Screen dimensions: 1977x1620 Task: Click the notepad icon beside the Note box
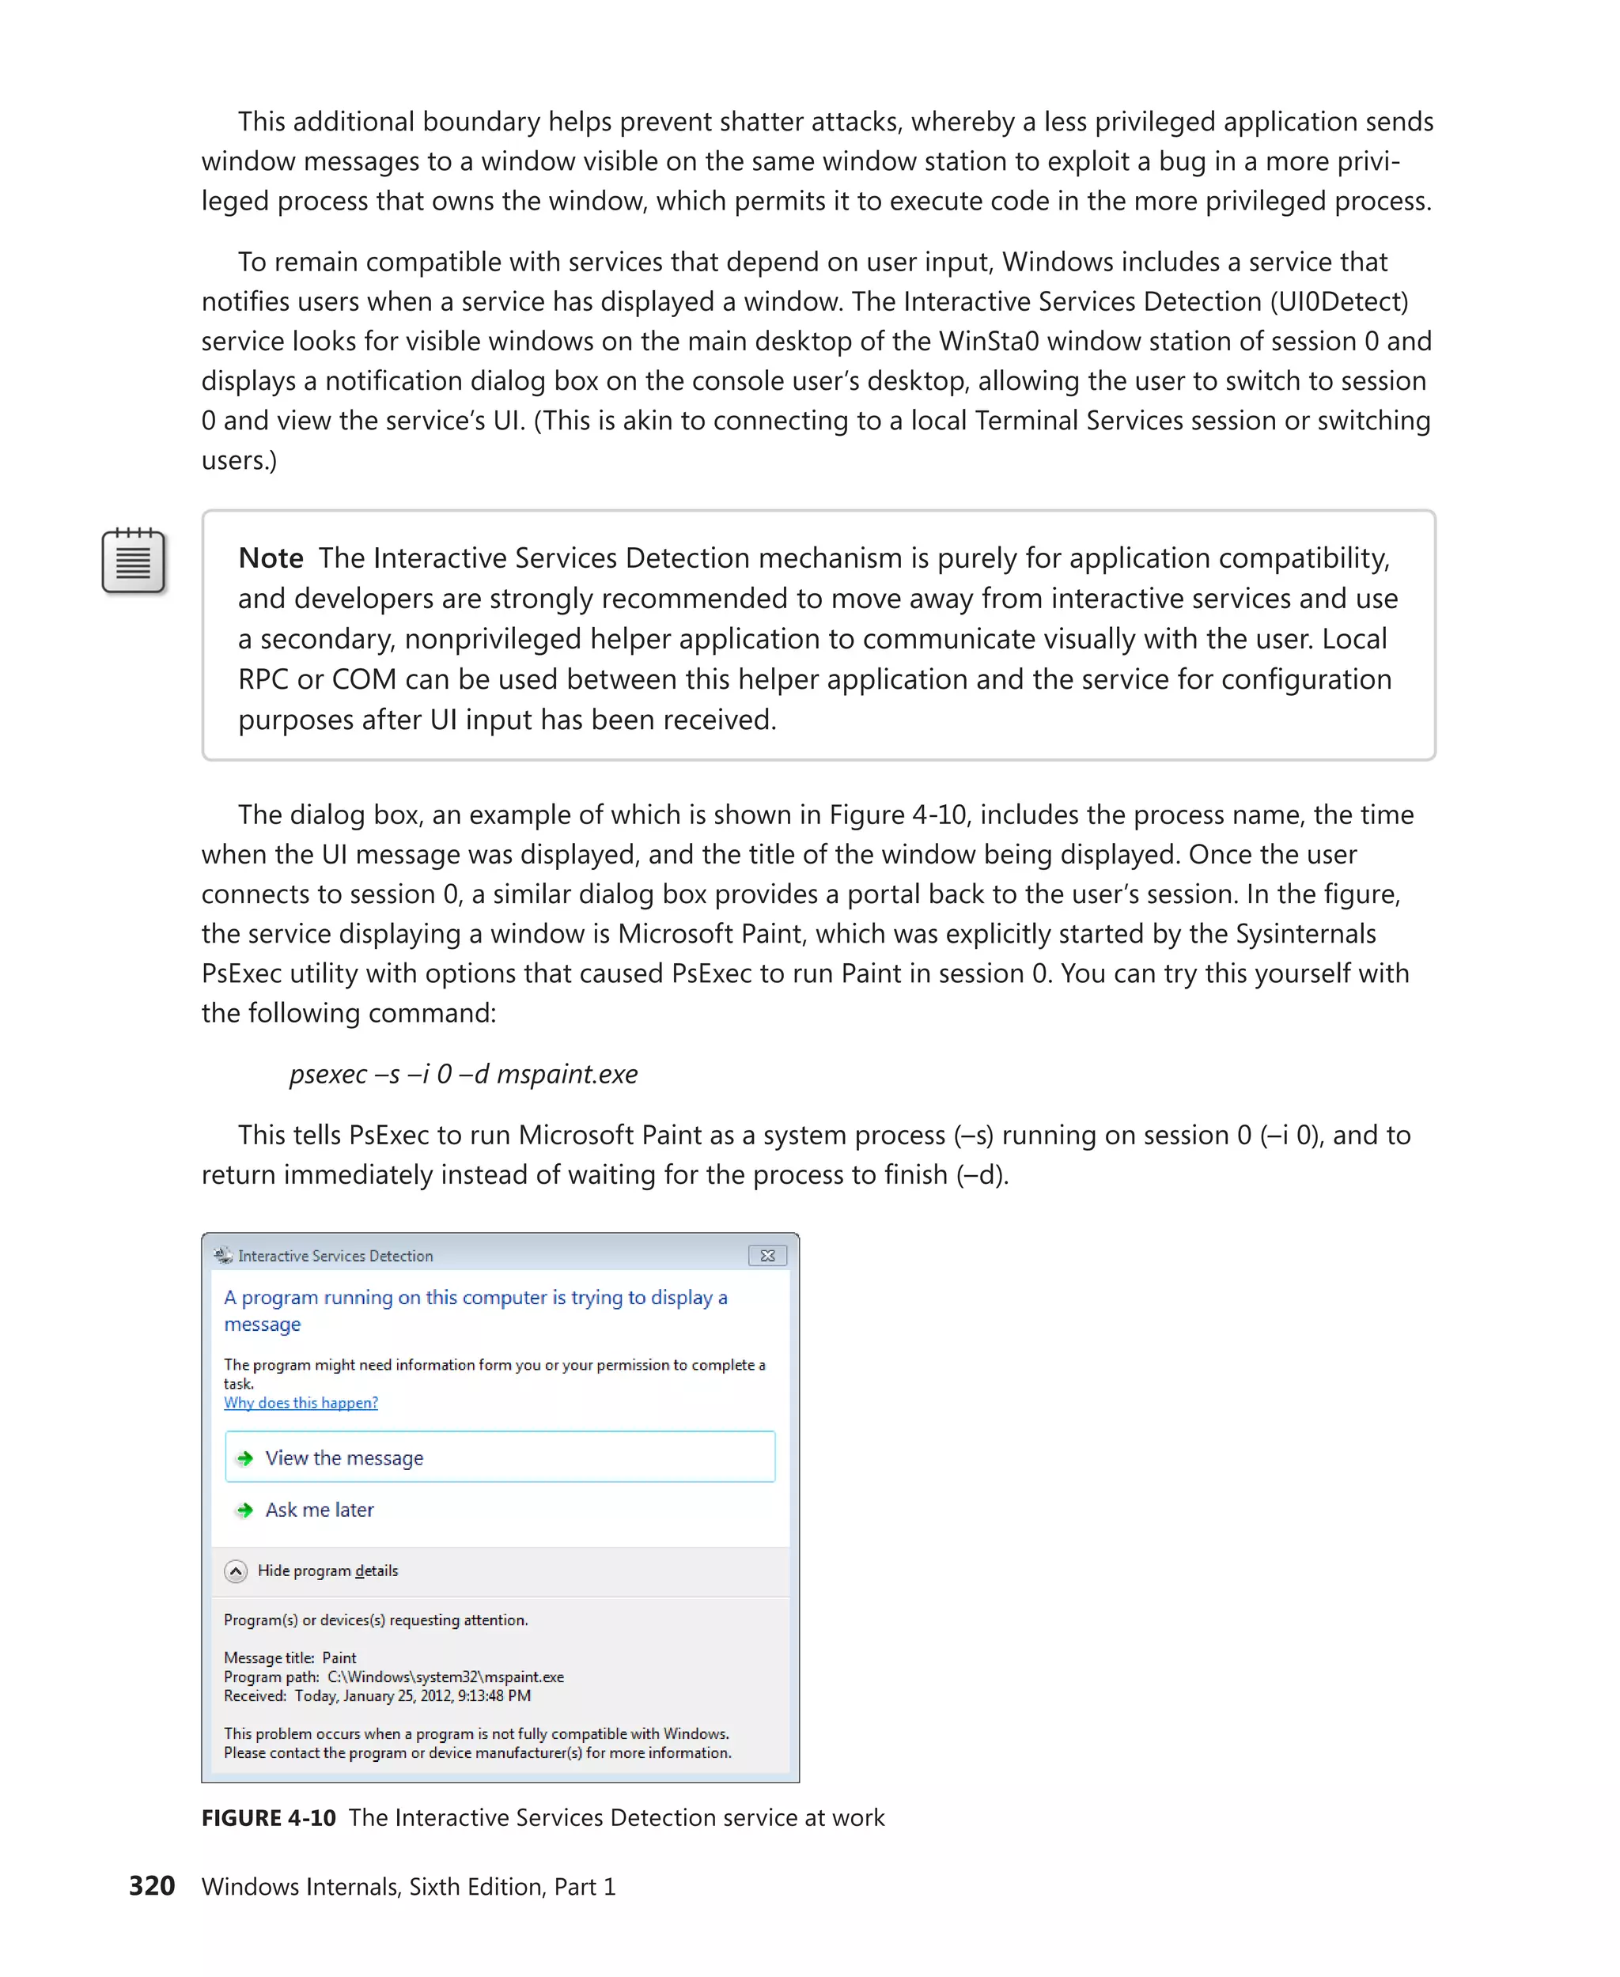tap(134, 561)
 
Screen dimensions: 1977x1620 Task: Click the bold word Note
tap(271, 558)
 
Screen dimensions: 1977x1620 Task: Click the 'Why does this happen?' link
tap(301, 1402)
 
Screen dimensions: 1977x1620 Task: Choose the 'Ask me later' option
tap(319, 1510)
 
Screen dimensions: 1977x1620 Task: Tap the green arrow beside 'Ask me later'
tap(244, 1510)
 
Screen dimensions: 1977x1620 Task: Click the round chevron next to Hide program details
tap(236, 1571)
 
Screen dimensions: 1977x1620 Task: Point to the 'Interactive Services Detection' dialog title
tap(335, 1256)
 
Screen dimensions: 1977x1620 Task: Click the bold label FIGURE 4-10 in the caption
tap(269, 1817)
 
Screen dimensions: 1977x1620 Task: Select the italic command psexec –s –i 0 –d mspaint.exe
tap(463, 1074)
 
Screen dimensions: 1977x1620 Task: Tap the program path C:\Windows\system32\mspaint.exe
tap(445, 1676)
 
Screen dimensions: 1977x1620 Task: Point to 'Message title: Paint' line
tap(290, 1658)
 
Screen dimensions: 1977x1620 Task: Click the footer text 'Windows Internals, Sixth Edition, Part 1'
tap(409, 1887)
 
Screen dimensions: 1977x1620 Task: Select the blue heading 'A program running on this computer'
tap(475, 1298)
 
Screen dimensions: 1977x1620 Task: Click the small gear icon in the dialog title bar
tap(222, 1255)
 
